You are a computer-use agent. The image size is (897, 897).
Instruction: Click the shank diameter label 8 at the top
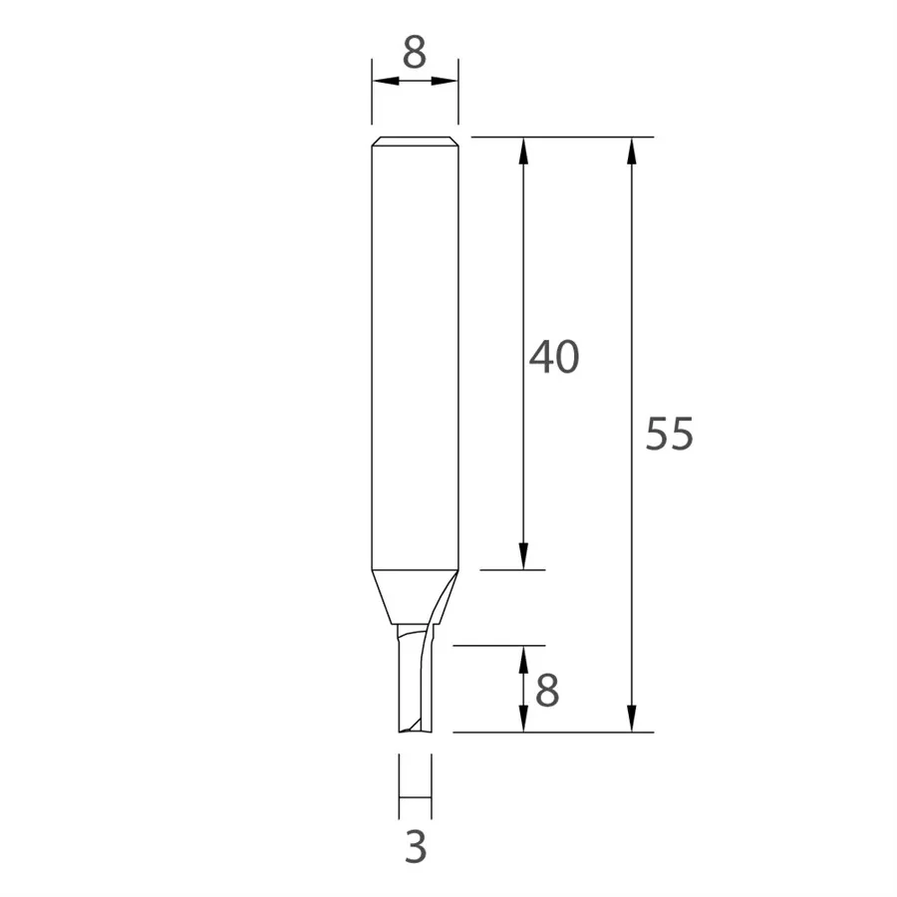pyautogui.click(x=415, y=52)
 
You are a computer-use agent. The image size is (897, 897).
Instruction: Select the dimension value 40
pyautogui.click(x=553, y=357)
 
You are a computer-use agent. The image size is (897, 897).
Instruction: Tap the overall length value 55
pyautogui.click(x=669, y=436)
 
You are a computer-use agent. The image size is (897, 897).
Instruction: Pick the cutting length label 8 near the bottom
pyautogui.click(x=547, y=690)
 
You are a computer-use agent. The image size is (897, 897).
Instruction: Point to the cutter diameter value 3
pyautogui.click(x=416, y=847)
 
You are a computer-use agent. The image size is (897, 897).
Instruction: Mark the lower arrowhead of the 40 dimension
pyautogui.click(x=522, y=559)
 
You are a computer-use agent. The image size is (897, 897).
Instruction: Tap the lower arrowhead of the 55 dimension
pyautogui.click(x=631, y=721)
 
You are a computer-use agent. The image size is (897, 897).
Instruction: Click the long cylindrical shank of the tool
pyautogui.click(x=415, y=349)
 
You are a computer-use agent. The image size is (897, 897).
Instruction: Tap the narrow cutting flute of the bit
pyautogui.click(x=414, y=683)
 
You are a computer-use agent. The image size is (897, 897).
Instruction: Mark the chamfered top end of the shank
pyautogui.click(x=415, y=141)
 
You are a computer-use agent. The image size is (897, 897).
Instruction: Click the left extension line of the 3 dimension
pyautogui.click(x=399, y=777)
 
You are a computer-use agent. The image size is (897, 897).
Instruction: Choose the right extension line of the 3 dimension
pyautogui.click(x=432, y=777)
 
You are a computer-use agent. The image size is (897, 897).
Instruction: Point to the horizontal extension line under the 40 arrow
pyautogui.click(x=512, y=570)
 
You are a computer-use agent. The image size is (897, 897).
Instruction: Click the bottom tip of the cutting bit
pyautogui.click(x=415, y=731)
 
